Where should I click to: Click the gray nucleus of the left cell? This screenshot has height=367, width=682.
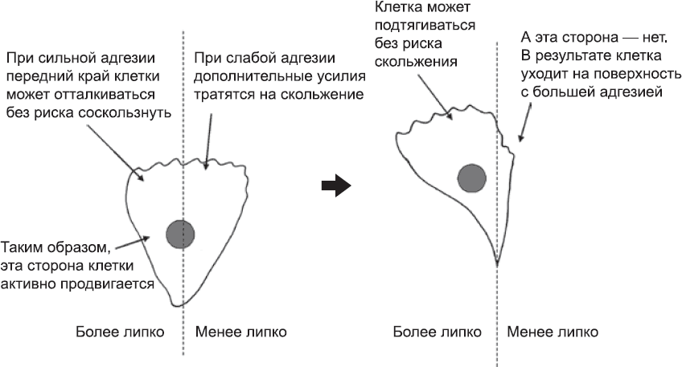(180, 234)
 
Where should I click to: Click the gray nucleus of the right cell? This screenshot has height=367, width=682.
(472, 178)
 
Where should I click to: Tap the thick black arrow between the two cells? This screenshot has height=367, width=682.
(336, 186)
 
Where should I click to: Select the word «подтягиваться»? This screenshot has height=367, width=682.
(425, 26)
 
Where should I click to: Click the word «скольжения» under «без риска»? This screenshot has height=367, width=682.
(416, 62)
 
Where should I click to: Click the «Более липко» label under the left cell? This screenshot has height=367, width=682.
(120, 332)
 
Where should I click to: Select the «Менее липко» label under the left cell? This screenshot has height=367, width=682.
(241, 332)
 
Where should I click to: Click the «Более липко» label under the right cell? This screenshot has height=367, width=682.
(438, 332)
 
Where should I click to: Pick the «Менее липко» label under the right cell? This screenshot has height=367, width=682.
(553, 332)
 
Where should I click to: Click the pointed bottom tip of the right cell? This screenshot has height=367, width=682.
(497, 263)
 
